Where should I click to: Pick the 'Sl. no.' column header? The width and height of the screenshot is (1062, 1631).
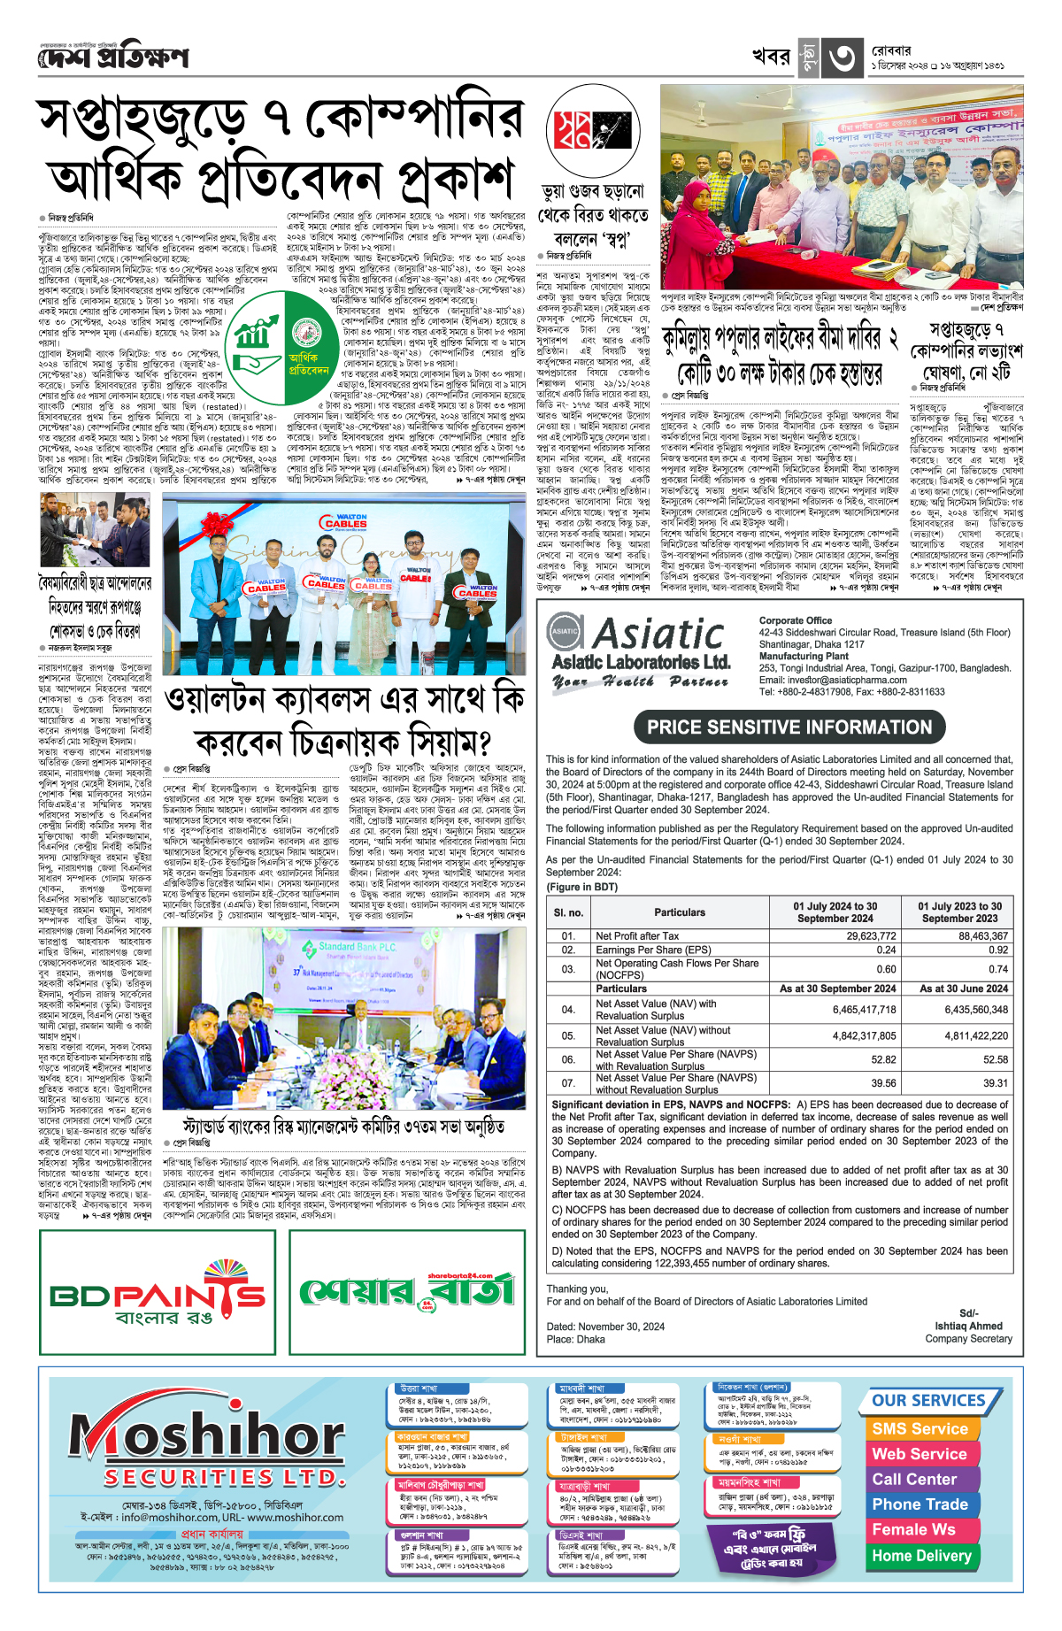[x=568, y=912]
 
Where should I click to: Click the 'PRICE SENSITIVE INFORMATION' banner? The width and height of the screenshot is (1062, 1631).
[x=789, y=727]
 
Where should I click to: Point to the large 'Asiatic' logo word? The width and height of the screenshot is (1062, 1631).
[x=659, y=634]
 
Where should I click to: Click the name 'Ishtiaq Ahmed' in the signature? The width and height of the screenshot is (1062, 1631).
[x=968, y=1326]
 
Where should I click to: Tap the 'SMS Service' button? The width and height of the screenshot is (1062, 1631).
[x=920, y=1428]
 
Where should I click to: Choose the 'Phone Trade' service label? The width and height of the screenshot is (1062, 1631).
[x=920, y=1504]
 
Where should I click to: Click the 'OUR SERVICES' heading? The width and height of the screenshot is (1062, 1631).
[x=928, y=1401]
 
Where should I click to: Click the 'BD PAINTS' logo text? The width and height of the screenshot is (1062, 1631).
[x=158, y=1296]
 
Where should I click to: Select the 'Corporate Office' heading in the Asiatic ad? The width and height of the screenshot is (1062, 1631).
[x=795, y=620]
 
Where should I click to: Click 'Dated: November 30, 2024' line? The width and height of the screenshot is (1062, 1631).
[x=604, y=1327]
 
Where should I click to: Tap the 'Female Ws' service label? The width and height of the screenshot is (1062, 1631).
[x=913, y=1529]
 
